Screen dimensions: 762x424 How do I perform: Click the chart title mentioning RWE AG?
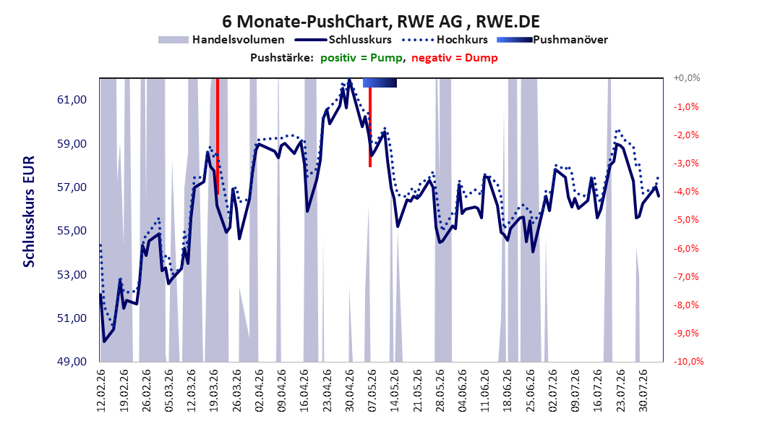click(381, 22)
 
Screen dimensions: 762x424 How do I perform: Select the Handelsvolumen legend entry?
click(222, 40)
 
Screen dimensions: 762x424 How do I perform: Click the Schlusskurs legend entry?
click(343, 40)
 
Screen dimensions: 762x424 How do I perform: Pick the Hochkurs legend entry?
click(445, 40)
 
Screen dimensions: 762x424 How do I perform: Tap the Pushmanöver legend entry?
click(552, 40)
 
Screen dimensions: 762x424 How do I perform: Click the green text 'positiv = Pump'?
click(361, 58)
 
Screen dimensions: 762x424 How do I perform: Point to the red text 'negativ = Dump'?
click(455, 58)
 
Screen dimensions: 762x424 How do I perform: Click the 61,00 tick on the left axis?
click(72, 100)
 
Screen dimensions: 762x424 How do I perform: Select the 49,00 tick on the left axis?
click(72, 362)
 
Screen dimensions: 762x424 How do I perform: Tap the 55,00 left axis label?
click(72, 231)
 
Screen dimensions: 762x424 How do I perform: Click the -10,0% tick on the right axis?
click(688, 361)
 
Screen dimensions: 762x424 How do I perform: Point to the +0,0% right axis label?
click(687, 78)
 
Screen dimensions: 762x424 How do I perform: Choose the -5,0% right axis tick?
click(686, 220)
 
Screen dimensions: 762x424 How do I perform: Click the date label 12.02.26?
click(101, 390)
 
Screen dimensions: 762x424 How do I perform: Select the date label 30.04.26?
click(349, 390)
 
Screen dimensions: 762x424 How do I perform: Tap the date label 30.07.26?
click(643, 390)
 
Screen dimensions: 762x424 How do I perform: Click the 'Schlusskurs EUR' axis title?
click(29, 211)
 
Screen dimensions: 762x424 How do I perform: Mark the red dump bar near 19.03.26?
click(217, 136)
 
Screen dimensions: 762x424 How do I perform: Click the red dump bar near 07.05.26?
click(370, 127)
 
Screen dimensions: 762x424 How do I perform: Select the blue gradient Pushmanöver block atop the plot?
click(380, 82)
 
